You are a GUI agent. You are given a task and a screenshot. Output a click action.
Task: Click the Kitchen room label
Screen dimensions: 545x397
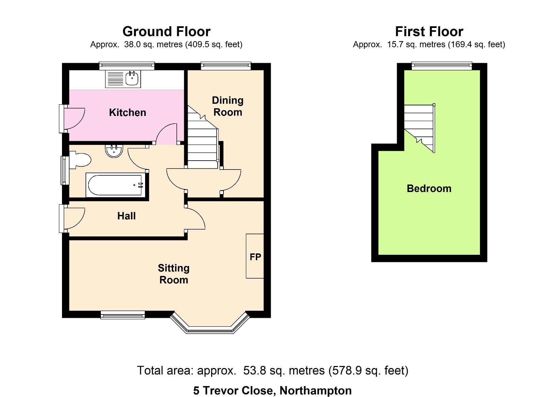(x=127, y=113)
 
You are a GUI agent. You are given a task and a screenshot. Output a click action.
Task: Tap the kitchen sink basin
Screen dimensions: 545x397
(x=132, y=78)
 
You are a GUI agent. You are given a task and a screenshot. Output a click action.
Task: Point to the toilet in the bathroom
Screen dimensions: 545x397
(x=80, y=160)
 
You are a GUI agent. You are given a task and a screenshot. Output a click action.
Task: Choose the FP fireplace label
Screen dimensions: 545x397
(x=255, y=257)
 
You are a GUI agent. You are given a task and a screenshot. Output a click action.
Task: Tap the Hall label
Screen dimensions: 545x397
(x=126, y=216)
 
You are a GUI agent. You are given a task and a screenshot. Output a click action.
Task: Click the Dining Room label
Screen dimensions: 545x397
(x=228, y=106)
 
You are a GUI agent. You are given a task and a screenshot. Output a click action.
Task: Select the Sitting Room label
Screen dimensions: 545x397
(x=173, y=274)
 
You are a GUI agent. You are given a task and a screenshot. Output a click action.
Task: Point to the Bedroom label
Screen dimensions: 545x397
(x=429, y=189)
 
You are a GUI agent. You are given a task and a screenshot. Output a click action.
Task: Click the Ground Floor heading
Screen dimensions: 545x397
(x=167, y=31)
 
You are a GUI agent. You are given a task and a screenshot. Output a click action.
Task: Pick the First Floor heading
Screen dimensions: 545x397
(x=429, y=31)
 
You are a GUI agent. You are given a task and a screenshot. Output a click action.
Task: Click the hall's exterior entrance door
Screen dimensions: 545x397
(x=72, y=219)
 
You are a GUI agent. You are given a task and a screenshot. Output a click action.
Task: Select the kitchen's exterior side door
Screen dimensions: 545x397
(x=72, y=119)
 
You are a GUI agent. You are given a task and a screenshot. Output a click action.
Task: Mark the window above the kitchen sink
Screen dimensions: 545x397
(x=127, y=66)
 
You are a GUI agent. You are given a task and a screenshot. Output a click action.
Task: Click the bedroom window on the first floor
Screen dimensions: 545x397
(x=442, y=66)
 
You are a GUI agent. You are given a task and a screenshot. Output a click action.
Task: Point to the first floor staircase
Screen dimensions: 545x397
(x=420, y=128)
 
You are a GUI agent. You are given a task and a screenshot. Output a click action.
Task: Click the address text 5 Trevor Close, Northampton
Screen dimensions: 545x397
(x=272, y=391)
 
